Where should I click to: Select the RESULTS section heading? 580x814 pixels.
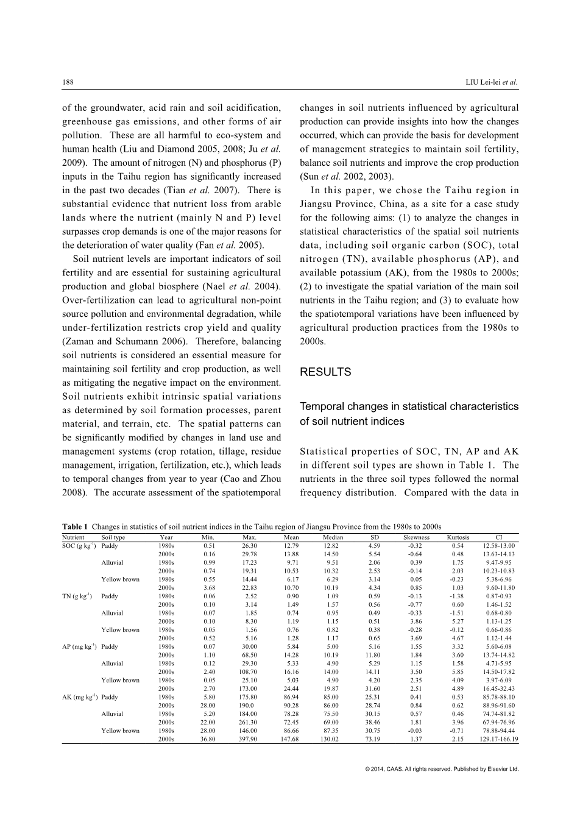pyautogui.click(x=325, y=372)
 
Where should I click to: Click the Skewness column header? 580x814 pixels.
pyautogui.click(x=417, y=537)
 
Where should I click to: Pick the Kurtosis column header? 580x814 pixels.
pyautogui.click(x=458, y=537)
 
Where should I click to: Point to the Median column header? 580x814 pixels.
pyautogui.click(x=333, y=537)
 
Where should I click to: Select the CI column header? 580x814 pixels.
pyautogui.click(x=499, y=537)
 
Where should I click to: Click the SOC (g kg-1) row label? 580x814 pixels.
pyautogui.click(x=79, y=546)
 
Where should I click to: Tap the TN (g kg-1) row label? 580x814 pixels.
pyautogui.click(x=77, y=596)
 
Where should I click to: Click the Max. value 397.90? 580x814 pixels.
pyautogui.click(x=249, y=739)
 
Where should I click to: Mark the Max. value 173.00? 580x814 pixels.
pyautogui.click(x=249, y=688)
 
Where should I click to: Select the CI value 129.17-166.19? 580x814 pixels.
pyautogui.click(x=499, y=739)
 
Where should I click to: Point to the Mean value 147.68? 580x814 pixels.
pyautogui.click(x=291, y=739)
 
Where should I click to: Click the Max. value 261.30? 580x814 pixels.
pyautogui.click(x=249, y=722)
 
